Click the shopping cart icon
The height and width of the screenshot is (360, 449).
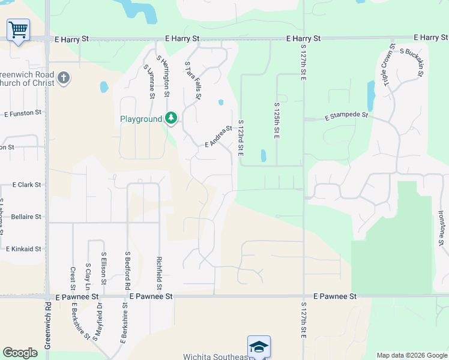18,29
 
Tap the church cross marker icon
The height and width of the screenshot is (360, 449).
64,77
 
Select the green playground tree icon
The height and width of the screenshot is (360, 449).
172,119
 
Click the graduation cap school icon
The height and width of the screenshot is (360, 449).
259,346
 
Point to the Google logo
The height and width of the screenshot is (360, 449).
20,353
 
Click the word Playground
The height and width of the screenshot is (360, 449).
141,119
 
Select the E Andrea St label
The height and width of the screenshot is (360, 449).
218,136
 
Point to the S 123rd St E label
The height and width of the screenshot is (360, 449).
240,138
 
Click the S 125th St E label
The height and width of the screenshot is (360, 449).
277,120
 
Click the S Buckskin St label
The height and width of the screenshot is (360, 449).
412,63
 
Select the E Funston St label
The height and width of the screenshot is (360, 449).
23,113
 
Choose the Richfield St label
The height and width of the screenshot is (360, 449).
159,270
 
